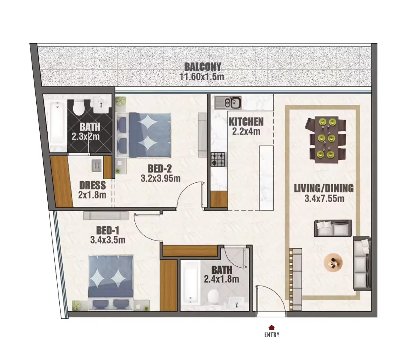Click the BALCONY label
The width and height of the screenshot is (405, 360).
pyautogui.click(x=202, y=67)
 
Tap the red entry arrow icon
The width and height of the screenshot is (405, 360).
pyautogui.click(x=271, y=327)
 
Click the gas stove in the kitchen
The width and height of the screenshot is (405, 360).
pyautogui.click(x=218, y=159)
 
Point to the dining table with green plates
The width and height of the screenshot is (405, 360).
pyautogui.click(x=326, y=139)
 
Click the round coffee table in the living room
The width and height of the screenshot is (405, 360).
pyautogui.click(x=333, y=263)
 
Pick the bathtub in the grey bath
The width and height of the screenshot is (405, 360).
pyautogui.click(x=190, y=283)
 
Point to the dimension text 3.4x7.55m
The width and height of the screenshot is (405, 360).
pyautogui.click(x=324, y=199)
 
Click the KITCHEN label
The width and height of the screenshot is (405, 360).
pyautogui.click(x=246, y=122)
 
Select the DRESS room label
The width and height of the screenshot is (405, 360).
pyautogui.click(x=92, y=185)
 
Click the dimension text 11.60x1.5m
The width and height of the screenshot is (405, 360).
pyautogui.click(x=202, y=76)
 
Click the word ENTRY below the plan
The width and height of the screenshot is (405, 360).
pyautogui.click(x=272, y=335)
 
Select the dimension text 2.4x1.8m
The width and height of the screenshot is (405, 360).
pyautogui.click(x=221, y=279)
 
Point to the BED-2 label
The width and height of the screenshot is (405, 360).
pyautogui.click(x=160, y=169)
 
